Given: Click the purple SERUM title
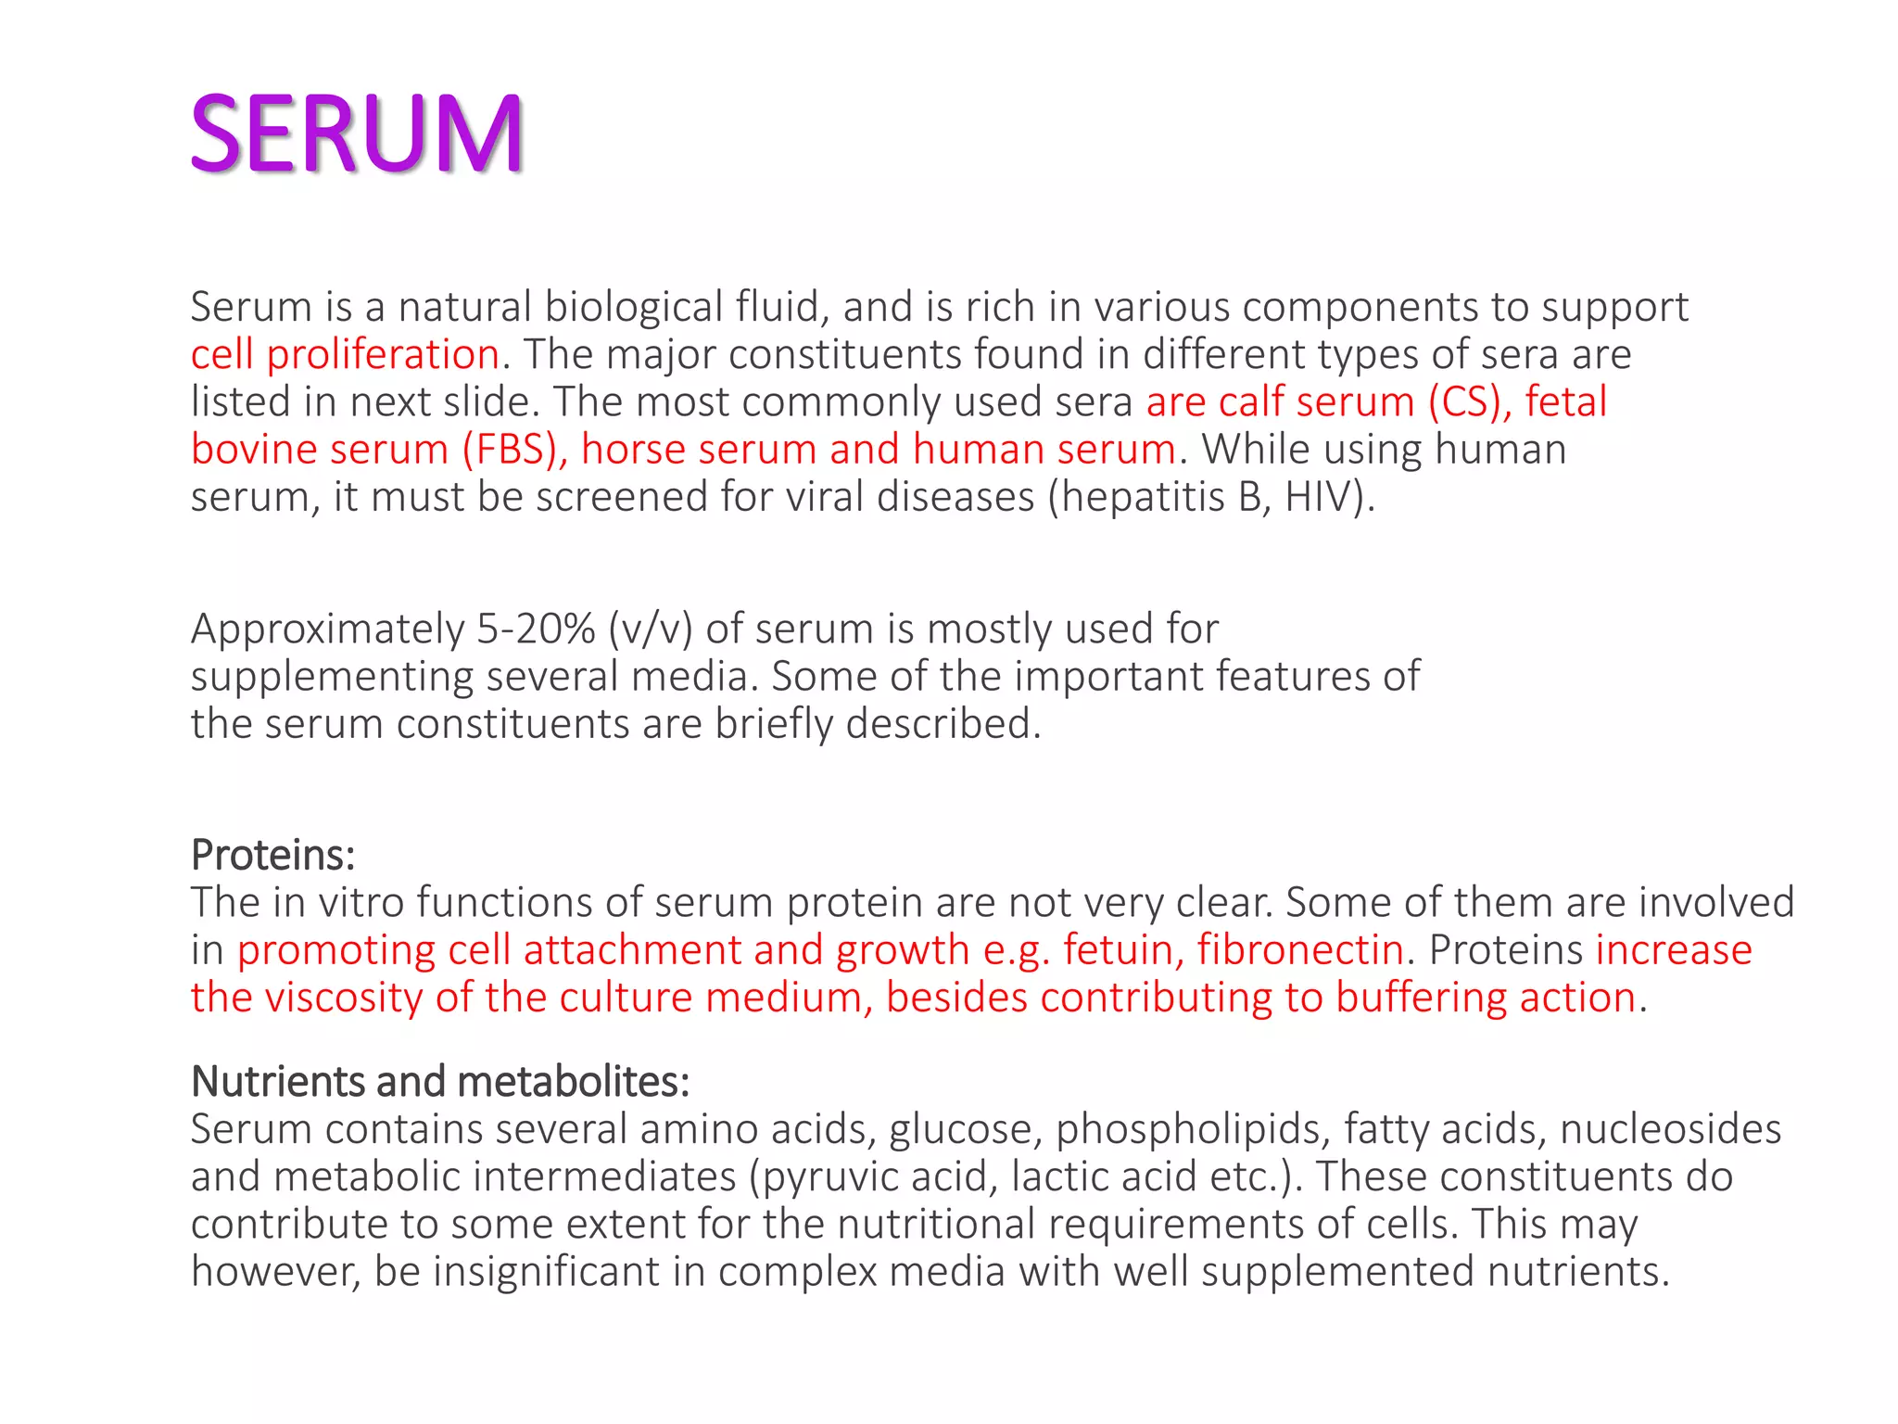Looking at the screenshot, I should click(x=357, y=134).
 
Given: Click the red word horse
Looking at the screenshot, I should click(x=633, y=450).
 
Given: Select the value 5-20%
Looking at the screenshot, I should click(x=536, y=629).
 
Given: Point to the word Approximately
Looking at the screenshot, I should click(x=327, y=629).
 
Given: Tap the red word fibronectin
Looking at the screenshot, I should click(x=1300, y=950).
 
